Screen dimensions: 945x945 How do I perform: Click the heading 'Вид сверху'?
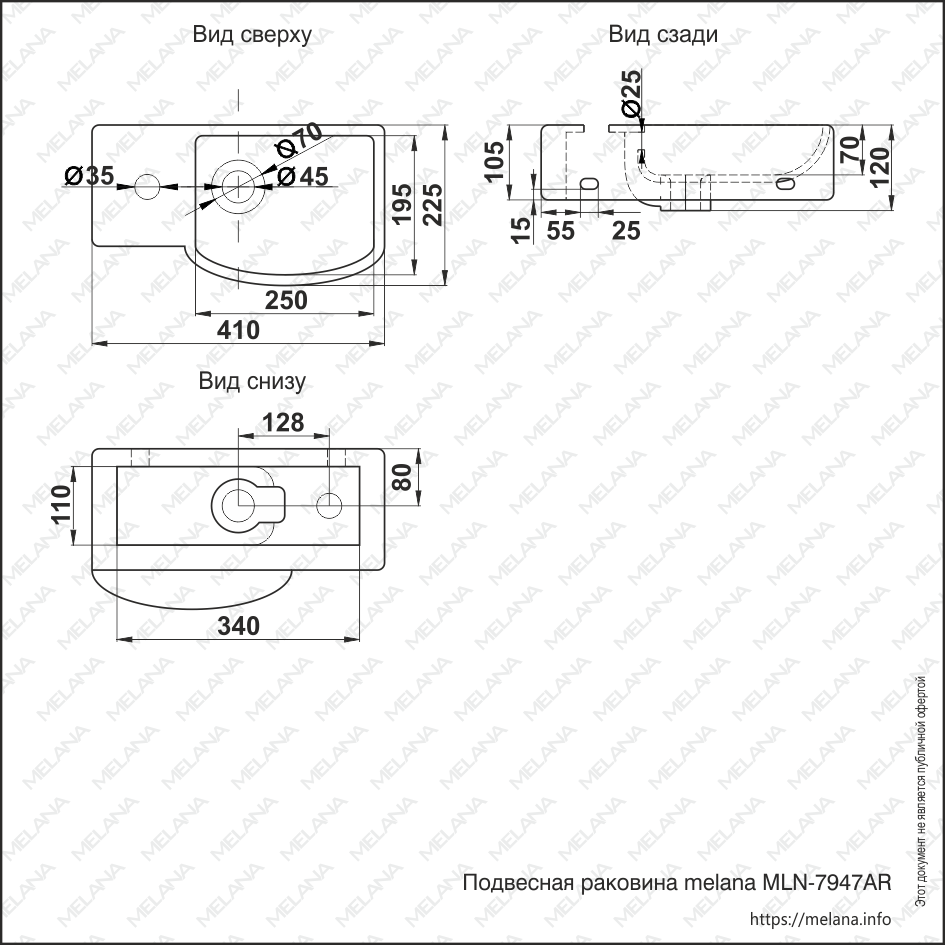tap(252, 35)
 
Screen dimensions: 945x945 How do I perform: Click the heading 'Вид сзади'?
tap(662, 35)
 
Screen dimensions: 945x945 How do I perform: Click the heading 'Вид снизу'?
tap(251, 381)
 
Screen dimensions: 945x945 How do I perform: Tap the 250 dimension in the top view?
tap(286, 299)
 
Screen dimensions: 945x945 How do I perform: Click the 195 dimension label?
tap(401, 205)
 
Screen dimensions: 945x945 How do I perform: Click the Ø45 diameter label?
tap(302, 177)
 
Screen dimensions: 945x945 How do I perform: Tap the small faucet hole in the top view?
tap(147, 186)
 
